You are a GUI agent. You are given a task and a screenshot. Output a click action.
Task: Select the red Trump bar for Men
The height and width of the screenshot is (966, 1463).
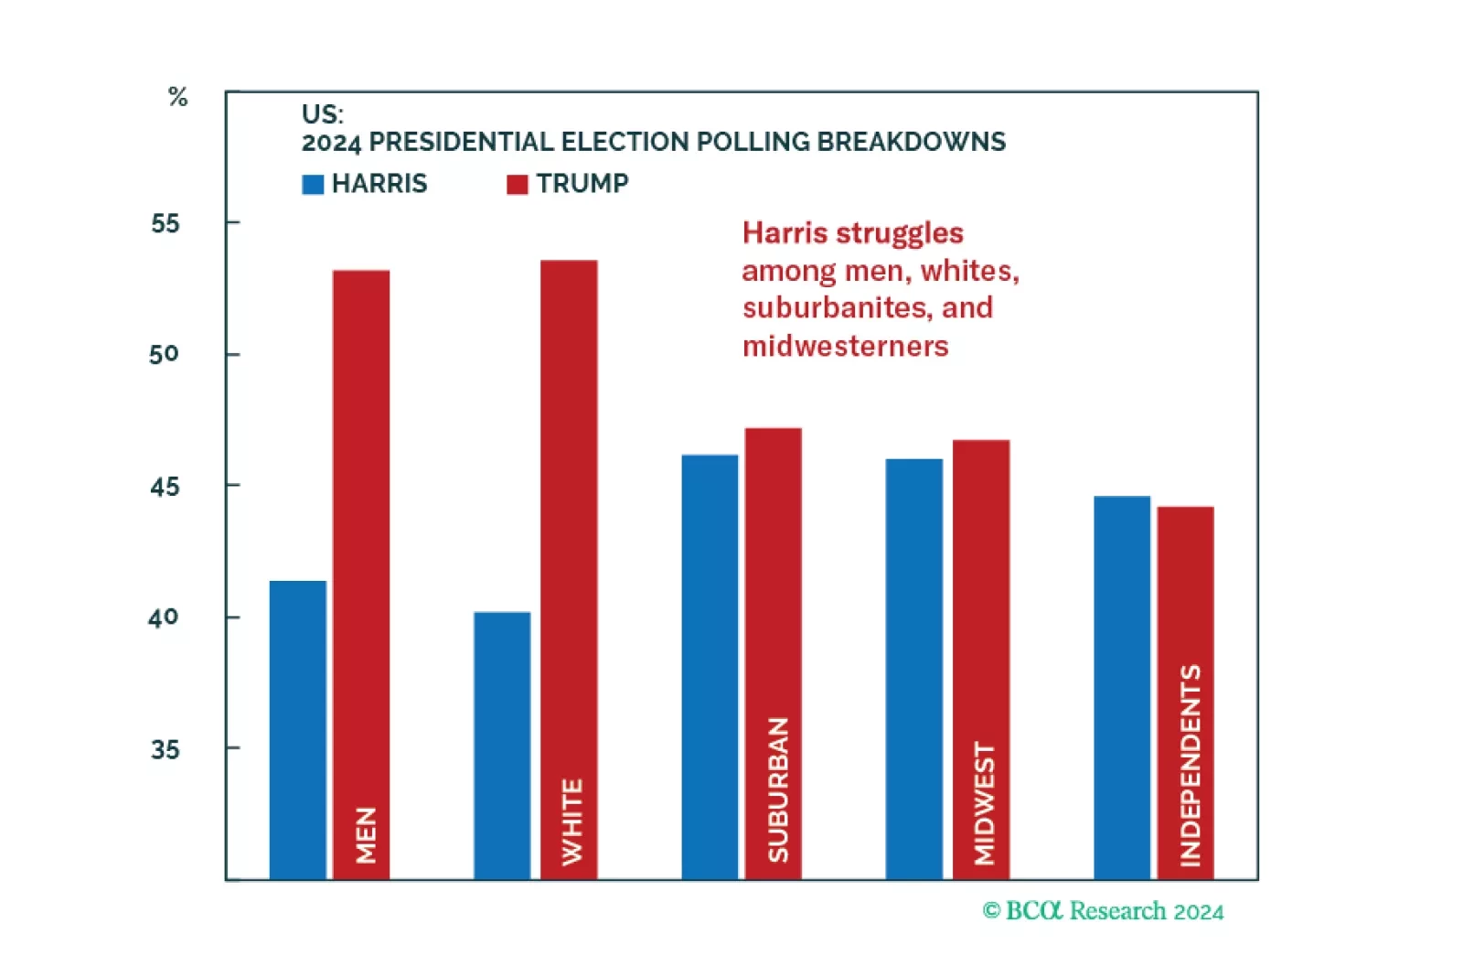tap(361, 549)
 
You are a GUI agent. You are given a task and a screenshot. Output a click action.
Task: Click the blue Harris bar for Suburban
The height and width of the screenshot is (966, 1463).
tap(710, 667)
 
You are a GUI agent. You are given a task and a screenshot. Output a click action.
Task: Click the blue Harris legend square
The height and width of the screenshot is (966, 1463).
tap(313, 185)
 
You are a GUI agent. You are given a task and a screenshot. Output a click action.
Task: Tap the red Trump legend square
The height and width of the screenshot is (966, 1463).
tap(518, 185)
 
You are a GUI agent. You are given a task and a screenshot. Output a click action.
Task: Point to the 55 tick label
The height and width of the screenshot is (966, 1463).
tap(166, 223)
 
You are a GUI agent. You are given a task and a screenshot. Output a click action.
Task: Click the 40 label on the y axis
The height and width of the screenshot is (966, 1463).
tap(164, 618)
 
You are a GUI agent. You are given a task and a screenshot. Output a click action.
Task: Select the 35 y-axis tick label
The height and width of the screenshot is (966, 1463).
tap(166, 750)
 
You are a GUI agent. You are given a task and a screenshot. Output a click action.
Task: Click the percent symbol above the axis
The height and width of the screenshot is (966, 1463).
tap(178, 97)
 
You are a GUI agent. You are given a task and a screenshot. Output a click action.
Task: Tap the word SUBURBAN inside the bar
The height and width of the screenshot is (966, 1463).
tap(777, 789)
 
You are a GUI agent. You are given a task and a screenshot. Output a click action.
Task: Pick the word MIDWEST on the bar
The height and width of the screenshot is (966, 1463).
tap(984, 803)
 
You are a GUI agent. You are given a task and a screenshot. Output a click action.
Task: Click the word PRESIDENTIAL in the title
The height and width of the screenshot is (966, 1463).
tap(462, 143)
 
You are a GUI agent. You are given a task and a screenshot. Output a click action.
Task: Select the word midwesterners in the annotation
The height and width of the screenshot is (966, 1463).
tap(846, 347)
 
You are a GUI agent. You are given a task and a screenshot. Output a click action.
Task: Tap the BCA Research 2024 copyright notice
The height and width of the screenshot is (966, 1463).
tap(1103, 911)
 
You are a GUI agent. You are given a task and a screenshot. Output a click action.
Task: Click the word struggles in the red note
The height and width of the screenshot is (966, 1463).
tap(901, 234)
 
